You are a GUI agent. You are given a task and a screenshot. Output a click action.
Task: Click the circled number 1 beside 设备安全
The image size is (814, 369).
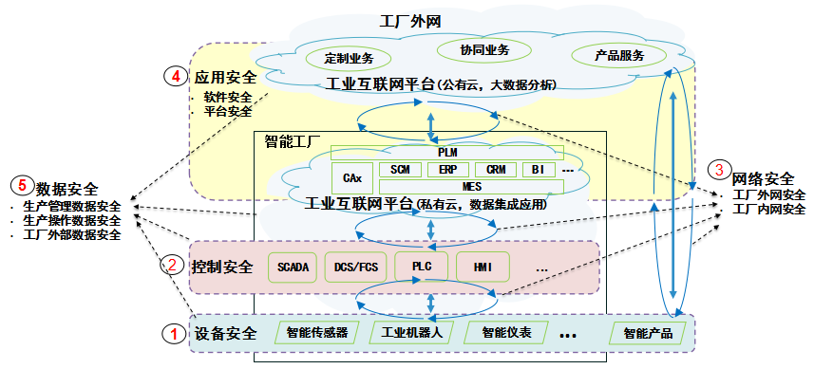173,333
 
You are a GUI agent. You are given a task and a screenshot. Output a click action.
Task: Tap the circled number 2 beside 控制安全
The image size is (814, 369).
173,266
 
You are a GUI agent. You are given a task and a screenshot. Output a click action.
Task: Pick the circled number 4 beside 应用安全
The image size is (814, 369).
176,77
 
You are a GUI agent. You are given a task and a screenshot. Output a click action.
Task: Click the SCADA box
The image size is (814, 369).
292,267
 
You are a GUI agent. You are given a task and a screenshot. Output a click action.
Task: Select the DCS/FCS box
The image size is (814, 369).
352,267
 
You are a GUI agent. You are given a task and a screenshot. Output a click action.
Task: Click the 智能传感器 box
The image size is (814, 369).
316,333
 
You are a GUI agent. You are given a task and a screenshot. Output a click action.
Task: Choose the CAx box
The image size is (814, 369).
350,176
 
